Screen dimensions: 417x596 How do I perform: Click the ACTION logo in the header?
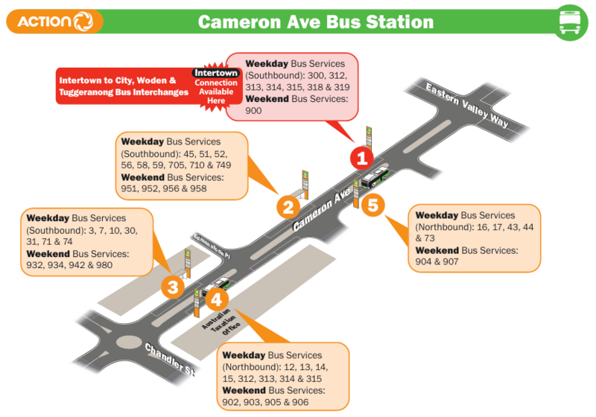click(x=54, y=22)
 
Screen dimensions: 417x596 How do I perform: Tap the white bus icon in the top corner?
click(x=570, y=22)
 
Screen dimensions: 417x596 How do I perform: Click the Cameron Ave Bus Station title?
click(x=316, y=22)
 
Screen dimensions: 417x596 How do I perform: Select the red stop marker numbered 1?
click(x=362, y=158)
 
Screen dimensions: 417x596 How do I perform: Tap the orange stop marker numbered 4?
click(x=216, y=300)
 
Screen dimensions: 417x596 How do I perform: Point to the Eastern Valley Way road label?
click(x=467, y=106)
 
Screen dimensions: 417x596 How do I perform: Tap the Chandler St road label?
click(x=169, y=359)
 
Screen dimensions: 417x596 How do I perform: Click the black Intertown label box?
click(x=215, y=73)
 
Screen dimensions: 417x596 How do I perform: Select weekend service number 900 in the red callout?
click(x=254, y=110)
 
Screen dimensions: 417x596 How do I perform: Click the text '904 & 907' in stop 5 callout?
click(x=437, y=261)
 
